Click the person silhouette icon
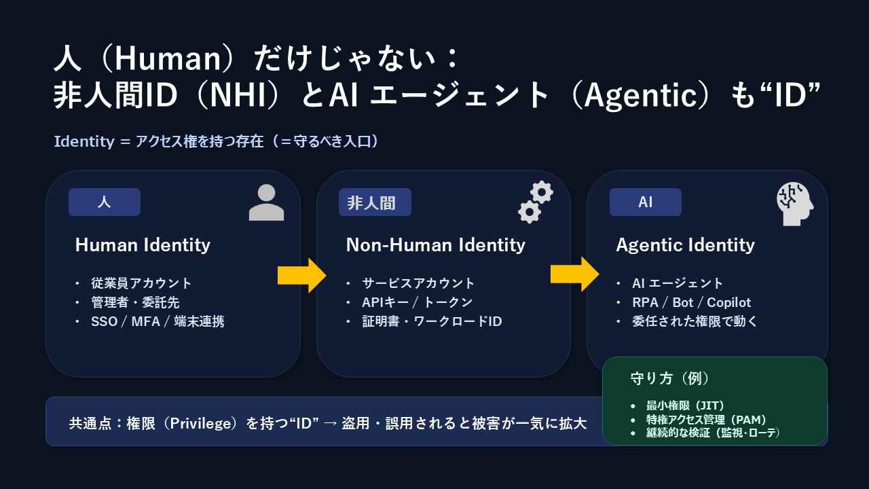tap(266, 202)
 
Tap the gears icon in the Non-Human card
tap(535, 202)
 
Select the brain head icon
tap(794, 204)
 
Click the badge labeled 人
tap(105, 202)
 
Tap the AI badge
tap(645, 202)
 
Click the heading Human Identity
tap(143, 245)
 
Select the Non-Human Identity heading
tap(435, 245)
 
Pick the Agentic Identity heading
tap(685, 245)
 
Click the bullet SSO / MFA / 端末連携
tap(157, 321)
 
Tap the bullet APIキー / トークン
tap(417, 302)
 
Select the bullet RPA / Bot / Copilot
tap(691, 302)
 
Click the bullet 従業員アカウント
tap(141, 283)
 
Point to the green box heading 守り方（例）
tap(670, 378)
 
